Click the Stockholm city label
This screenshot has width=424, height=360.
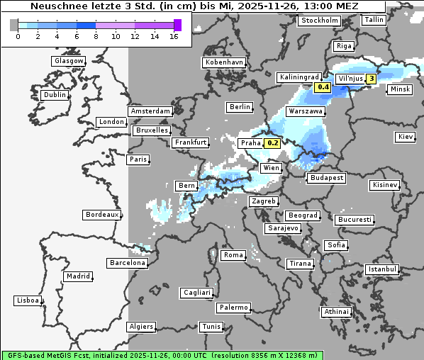coord(319,21)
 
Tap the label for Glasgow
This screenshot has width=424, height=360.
coord(69,61)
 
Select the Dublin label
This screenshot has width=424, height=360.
coord(55,95)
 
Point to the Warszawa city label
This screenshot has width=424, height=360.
coord(306,112)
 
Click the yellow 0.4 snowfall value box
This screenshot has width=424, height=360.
coord(323,87)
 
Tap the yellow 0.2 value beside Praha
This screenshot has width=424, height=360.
coord(272,143)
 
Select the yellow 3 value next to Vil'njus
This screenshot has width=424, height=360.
coord(371,78)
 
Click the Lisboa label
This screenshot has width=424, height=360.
coord(27,300)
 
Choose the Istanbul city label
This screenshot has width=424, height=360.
coord(382,269)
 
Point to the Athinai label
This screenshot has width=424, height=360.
coord(336,312)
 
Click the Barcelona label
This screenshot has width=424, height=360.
coord(128,263)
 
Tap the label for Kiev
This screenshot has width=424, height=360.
coord(406,137)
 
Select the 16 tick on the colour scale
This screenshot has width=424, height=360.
coord(174,36)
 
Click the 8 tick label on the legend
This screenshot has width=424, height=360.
coord(96,36)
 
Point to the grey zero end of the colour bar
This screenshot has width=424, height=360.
coord(14,25)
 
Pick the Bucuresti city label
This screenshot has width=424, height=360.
coord(355,220)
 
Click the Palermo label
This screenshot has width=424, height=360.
coord(233,308)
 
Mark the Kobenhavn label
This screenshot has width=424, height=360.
coord(224,62)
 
